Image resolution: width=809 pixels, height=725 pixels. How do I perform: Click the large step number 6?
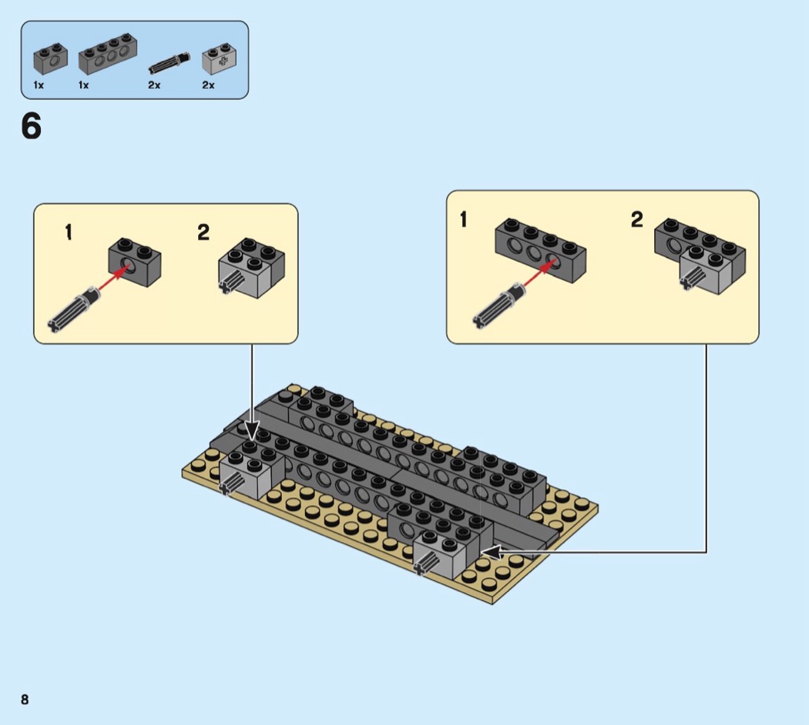tap(31, 127)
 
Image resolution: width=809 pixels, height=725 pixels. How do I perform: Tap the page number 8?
tap(25, 700)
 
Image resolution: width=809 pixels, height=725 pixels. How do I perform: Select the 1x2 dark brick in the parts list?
tap(50, 58)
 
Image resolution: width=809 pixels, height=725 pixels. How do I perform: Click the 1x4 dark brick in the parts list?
tap(107, 55)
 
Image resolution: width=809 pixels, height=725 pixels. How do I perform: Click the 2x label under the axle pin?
tap(154, 85)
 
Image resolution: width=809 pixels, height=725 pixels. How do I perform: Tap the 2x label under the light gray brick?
tap(208, 85)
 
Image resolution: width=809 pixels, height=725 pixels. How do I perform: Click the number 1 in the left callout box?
tap(69, 232)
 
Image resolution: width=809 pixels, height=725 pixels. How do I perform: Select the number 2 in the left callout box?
tap(203, 232)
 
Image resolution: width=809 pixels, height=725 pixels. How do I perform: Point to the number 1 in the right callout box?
tap(463, 220)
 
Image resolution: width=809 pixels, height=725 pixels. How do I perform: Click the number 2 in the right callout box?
tap(636, 220)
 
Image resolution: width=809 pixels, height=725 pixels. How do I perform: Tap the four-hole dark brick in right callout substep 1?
tap(540, 248)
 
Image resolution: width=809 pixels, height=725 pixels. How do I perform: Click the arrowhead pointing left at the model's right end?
tap(490, 552)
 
